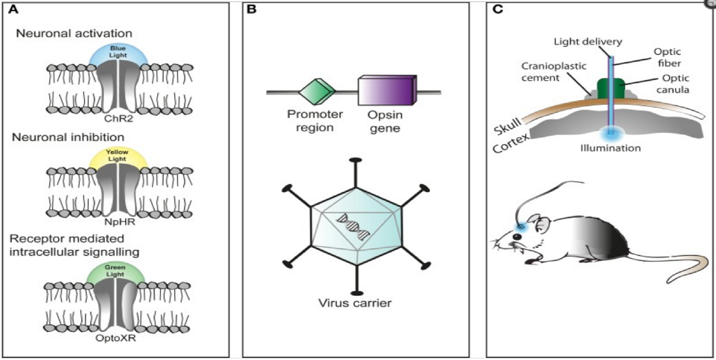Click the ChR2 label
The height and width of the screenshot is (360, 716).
[118, 119]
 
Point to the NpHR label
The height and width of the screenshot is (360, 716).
[119, 222]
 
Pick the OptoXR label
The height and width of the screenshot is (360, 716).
[116, 338]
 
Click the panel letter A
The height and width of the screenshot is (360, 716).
[13, 9]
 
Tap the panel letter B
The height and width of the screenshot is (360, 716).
[252, 9]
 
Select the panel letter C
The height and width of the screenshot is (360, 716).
[498, 9]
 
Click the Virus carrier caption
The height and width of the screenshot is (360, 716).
[355, 303]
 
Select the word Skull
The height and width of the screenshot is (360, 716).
[508, 126]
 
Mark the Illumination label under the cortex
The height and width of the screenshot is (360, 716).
[610, 148]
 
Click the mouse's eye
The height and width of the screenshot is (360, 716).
[517, 237]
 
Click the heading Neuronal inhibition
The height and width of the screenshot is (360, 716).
[68, 137]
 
